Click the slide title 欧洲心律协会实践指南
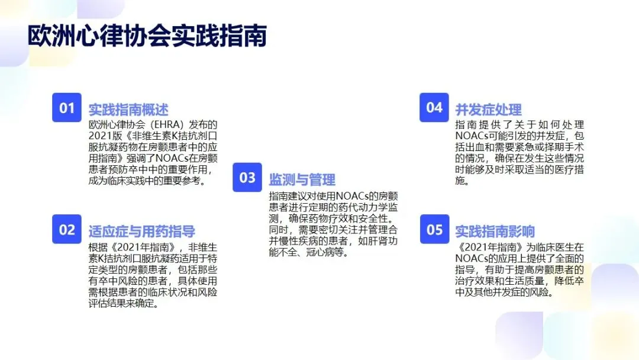[x=147, y=36]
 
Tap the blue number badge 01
[x=67, y=108]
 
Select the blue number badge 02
[x=67, y=230]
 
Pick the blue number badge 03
[x=247, y=178]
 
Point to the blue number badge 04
[x=434, y=107]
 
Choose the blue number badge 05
[x=434, y=230]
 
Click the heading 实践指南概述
[x=128, y=110]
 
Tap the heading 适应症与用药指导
[x=141, y=231]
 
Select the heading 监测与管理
[x=302, y=179]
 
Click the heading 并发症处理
[x=488, y=110]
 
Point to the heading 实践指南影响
[x=495, y=231]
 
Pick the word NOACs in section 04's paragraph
[x=473, y=136]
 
